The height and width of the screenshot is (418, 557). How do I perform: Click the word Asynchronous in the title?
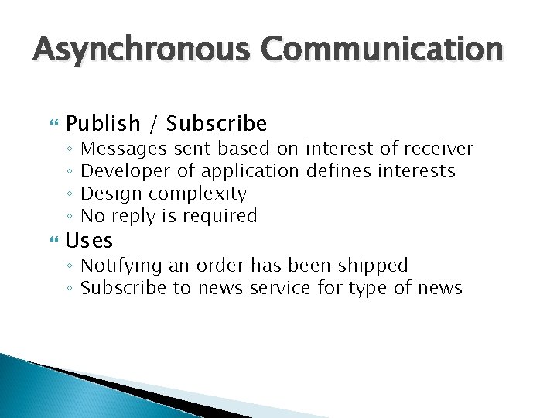tap(142, 50)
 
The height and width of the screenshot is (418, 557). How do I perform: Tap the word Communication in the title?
tap(381, 50)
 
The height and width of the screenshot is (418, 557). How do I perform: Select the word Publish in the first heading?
tap(104, 124)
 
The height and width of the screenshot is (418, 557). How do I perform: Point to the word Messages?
tap(124, 148)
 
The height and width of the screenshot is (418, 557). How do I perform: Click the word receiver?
tap(438, 148)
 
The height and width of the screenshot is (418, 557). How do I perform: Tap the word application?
tap(250, 171)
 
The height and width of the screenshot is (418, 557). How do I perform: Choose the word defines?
tap(341, 170)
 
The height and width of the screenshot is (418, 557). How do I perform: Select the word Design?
tap(111, 194)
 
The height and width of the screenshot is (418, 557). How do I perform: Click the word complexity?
tap(197, 194)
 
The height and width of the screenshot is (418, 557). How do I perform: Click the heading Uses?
tap(89, 241)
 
